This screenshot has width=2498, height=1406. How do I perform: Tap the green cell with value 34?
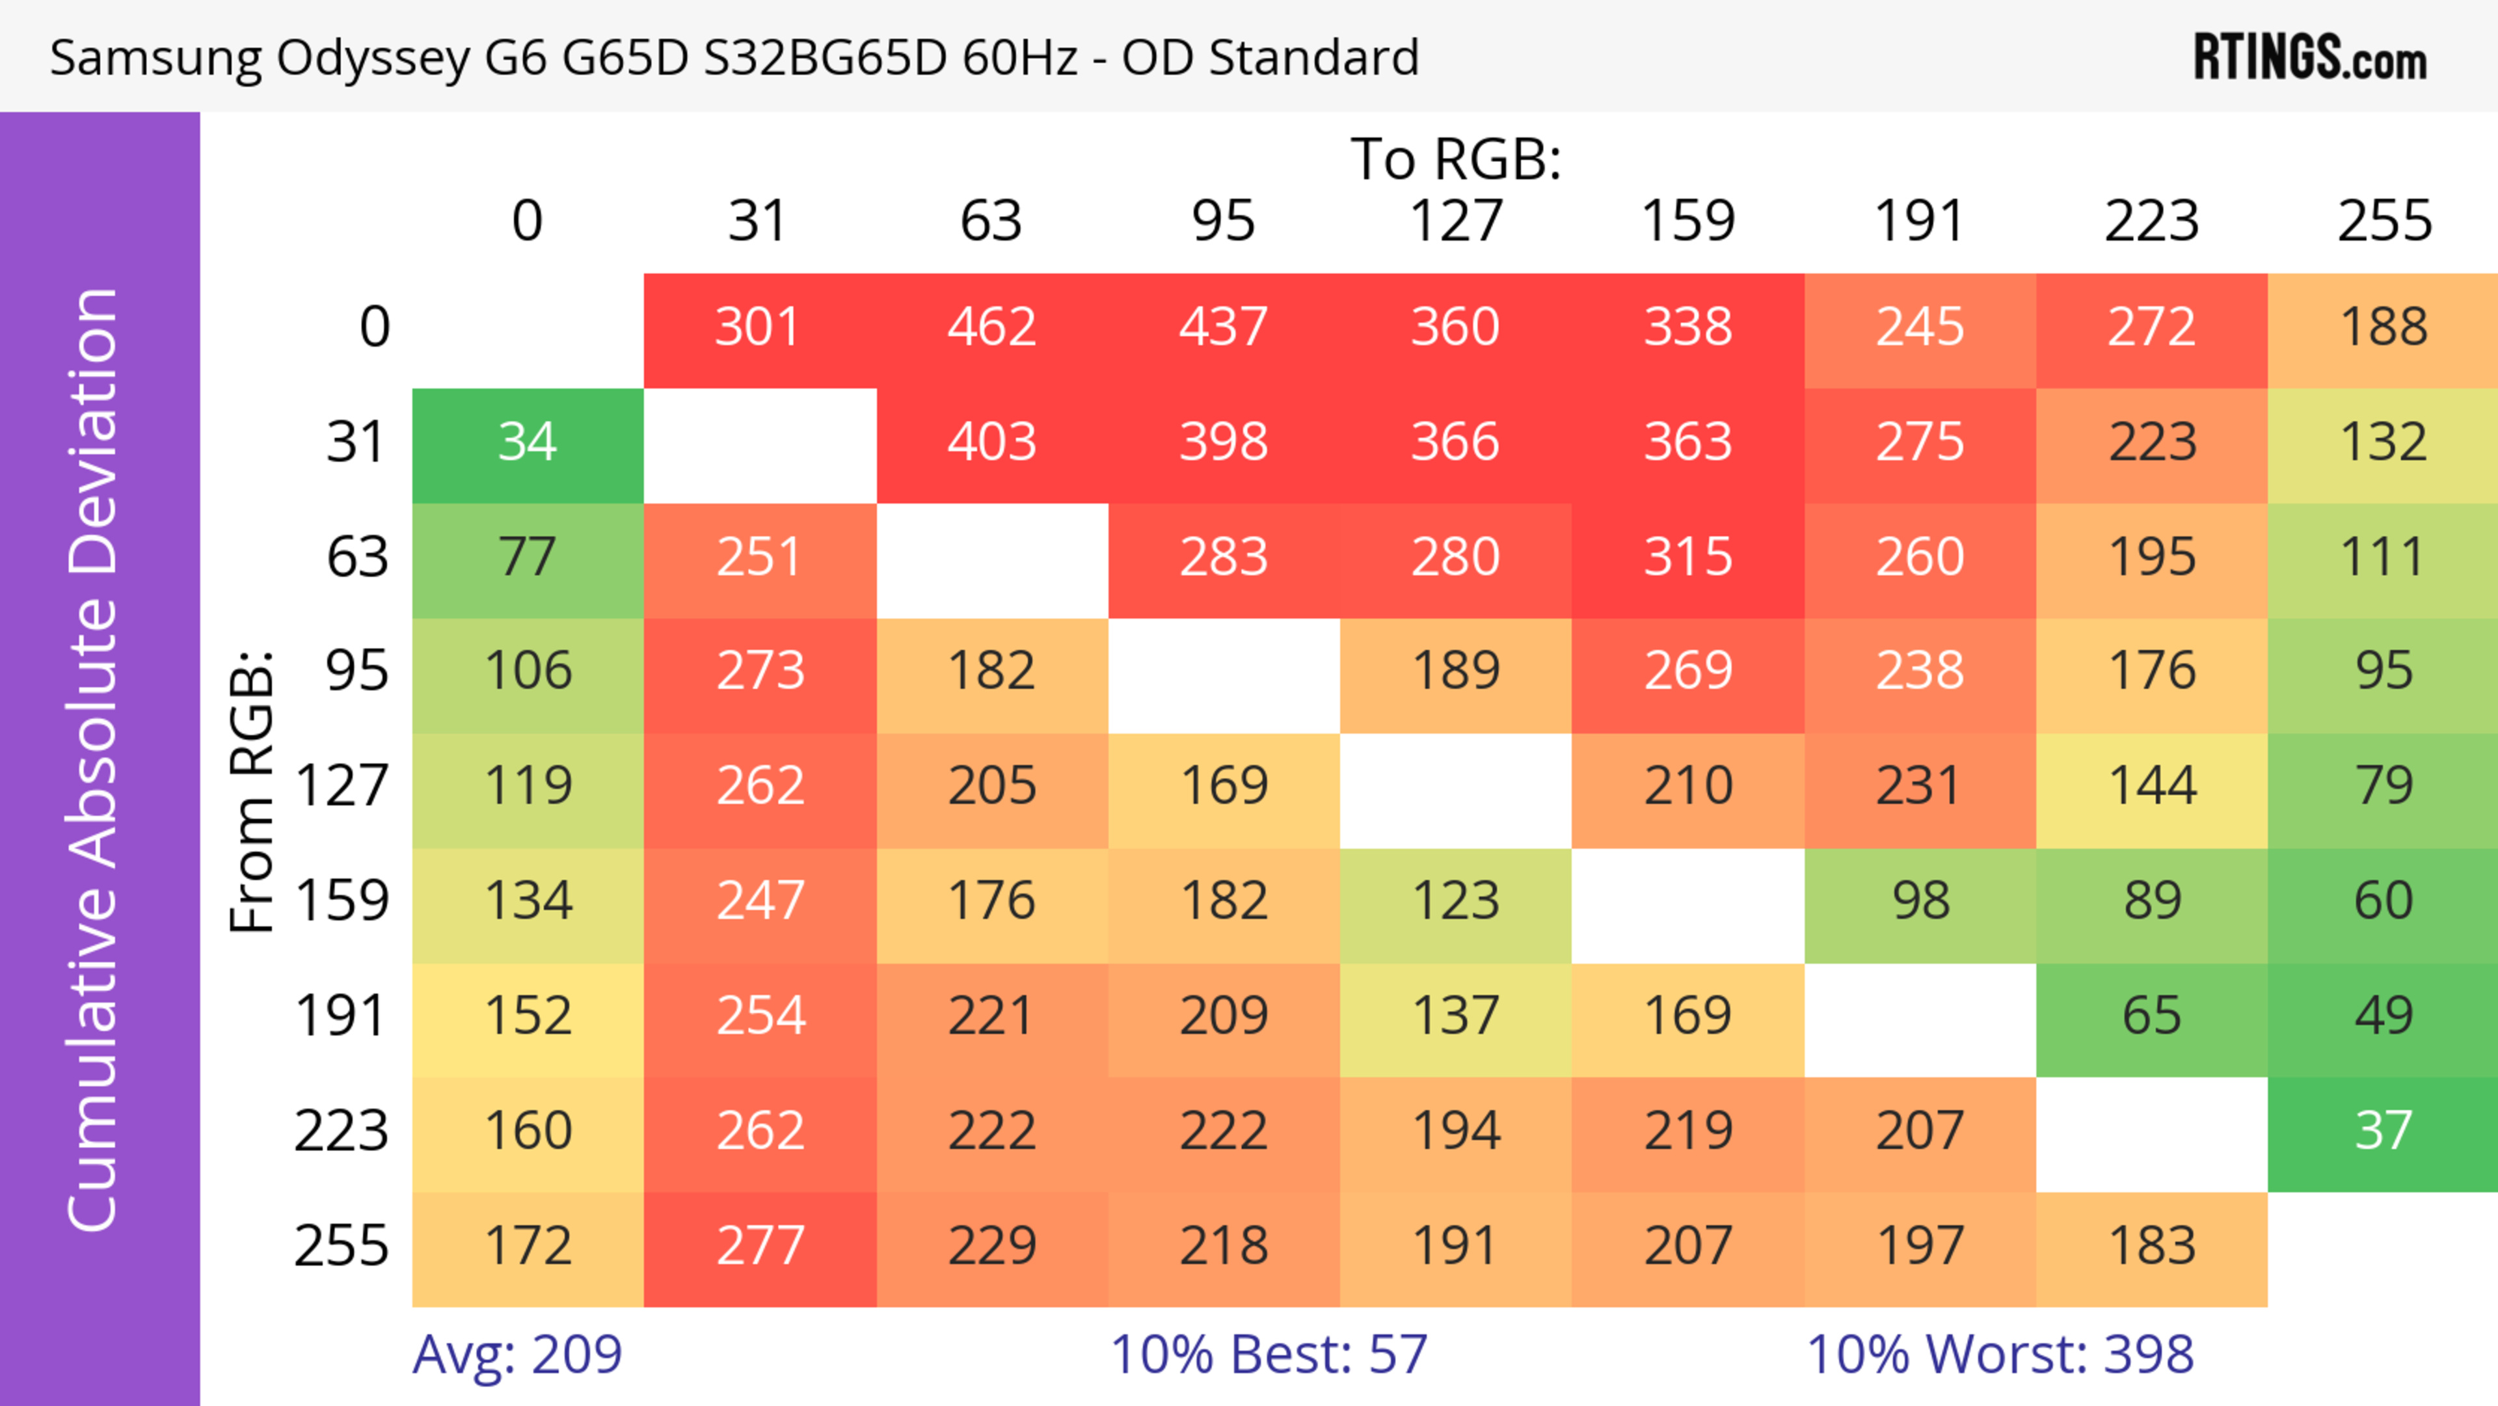tap(528, 443)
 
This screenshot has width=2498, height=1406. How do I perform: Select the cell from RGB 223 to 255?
tap(2383, 1131)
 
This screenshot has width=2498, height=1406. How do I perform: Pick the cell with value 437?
tap(1223, 328)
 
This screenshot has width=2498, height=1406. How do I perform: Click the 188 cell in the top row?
tap(2383, 328)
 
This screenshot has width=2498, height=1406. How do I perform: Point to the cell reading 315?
tap(1687, 558)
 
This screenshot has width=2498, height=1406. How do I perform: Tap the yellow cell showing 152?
tap(528, 1017)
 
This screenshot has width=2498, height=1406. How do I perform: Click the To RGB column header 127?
tap(1456, 221)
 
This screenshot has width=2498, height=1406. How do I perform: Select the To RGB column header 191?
tap(1919, 221)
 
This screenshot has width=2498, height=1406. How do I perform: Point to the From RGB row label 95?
tap(357, 671)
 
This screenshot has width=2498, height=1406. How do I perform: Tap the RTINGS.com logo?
tap(2310, 58)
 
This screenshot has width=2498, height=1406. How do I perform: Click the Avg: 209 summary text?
tap(517, 1355)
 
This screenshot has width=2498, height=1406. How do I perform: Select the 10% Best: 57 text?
tap(1269, 1355)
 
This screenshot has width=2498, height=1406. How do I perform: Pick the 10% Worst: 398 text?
tap(2000, 1355)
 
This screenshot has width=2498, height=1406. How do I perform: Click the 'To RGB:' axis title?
tap(1456, 158)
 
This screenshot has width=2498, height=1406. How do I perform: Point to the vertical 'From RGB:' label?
tap(252, 791)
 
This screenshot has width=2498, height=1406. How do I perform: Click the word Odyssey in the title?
tap(372, 58)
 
